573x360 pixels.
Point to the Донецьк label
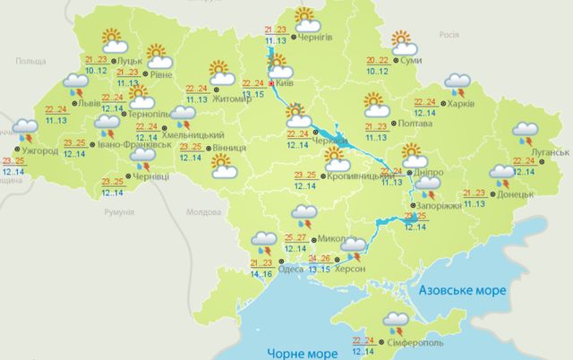pos(518,193)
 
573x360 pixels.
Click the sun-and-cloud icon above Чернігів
pos(305,18)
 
